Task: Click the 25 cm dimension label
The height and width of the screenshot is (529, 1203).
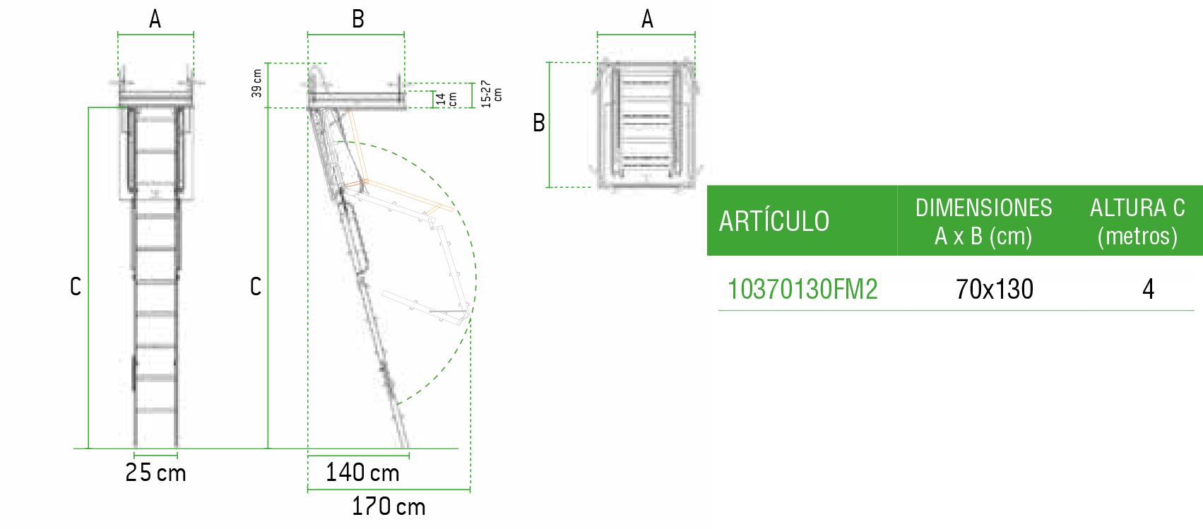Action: [155, 472]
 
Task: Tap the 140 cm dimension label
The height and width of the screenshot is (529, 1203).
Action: [362, 472]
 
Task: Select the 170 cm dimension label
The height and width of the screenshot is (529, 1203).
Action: [389, 506]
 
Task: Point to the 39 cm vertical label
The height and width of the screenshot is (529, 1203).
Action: [257, 83]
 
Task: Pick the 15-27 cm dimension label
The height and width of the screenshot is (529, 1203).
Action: [492, 94]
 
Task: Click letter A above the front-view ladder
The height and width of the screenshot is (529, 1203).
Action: [155, 20]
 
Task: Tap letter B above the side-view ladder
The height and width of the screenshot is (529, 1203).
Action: [358, 20]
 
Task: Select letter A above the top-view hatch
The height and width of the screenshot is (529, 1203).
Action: [647, 20]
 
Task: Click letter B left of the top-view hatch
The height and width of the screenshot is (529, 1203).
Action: [539, 123]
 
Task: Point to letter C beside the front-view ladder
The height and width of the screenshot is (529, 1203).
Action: [76, 287]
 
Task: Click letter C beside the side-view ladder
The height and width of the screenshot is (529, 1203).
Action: [256, 287]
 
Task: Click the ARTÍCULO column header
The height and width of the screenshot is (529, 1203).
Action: [774, 222]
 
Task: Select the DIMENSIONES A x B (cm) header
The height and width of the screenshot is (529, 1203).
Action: [983, 222]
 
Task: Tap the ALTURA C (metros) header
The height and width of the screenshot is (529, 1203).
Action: [1137, 222]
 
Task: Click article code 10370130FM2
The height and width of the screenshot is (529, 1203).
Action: [802, 290]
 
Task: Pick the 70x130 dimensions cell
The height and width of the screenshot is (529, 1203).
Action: [994, 290]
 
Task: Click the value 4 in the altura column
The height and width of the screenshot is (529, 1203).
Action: [1148, 290]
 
